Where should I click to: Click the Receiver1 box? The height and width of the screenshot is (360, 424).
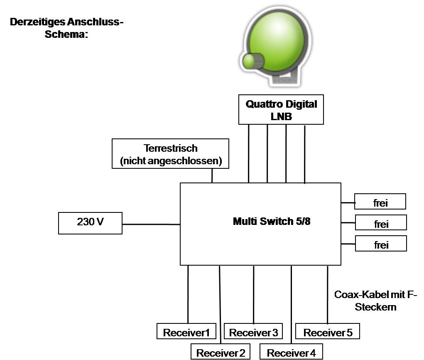tap(186, 332)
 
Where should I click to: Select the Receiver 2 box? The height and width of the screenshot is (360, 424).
tap(221, 353)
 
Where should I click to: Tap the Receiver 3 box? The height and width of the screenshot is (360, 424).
tap(253, 332)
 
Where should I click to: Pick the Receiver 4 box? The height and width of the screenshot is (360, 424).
tap(291, 353)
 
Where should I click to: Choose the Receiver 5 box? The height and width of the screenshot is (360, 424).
tap(328, 332)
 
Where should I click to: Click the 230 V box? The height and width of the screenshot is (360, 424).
tap(90, 223)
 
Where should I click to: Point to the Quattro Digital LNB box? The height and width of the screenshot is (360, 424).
tap(281, 109)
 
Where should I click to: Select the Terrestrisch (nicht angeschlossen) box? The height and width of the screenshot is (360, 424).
tap(170, 154)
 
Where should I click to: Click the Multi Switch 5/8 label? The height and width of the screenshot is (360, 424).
tap(272, 221)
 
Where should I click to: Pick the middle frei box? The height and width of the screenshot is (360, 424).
tap(381, 223)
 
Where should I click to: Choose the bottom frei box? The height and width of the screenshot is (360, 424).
tap(381, 244)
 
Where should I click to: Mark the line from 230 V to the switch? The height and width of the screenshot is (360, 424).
tap(151, 224)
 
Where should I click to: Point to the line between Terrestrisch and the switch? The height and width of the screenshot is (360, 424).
tap(212, 175)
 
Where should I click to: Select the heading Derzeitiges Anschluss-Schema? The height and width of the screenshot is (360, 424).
tap(66, 28)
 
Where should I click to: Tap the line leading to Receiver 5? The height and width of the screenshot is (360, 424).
tap(328, 294)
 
